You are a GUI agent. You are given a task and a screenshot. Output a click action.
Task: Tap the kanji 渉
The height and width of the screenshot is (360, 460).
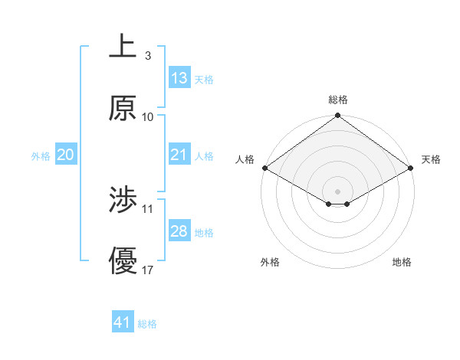coord(123,201)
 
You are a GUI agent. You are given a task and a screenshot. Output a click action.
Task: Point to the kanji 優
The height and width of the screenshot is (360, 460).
coord(123,261)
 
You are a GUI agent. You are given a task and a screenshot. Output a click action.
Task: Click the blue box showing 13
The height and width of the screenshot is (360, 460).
coord(179,78)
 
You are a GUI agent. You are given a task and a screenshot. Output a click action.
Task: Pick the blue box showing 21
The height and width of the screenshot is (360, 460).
coord(179,155)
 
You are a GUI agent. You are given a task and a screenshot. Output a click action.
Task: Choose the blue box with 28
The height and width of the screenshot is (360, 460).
coord(179,231)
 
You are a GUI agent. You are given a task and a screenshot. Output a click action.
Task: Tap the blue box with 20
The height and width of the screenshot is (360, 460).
coord(66,155)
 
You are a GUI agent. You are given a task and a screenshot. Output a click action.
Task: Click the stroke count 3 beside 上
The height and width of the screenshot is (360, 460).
coord(147,56)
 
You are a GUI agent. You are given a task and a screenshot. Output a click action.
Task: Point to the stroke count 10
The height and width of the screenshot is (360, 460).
coord(148,117)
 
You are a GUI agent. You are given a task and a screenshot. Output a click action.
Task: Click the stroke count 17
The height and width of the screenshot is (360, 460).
coord(148,270)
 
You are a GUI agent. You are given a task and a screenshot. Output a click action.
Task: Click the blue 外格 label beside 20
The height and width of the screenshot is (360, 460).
coord(41,156)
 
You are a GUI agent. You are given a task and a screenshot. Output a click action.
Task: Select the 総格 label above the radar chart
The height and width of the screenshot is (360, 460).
coord(338,100)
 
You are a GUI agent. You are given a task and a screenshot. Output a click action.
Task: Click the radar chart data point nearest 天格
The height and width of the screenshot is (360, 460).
coord(412,169)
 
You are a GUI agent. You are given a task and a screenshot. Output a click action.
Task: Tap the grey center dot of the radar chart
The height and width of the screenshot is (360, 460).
coord(338,191)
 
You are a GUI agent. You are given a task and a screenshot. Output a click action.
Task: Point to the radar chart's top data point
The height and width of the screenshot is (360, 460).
coord(338,116)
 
